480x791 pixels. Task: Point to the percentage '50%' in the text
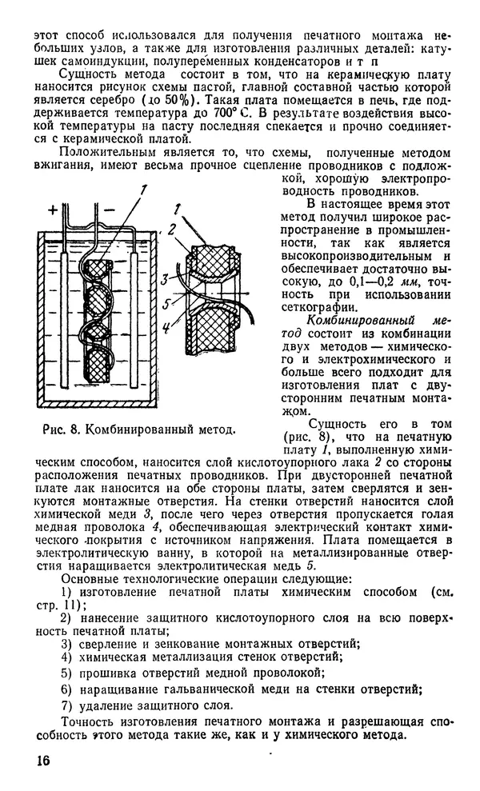point(198,98)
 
